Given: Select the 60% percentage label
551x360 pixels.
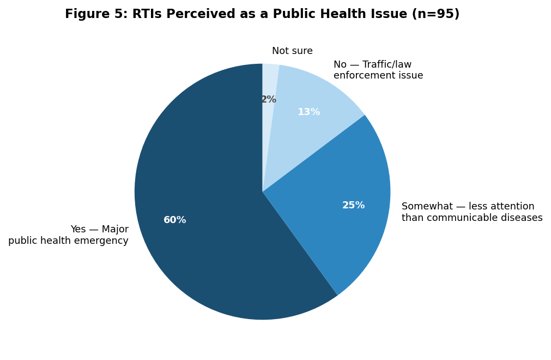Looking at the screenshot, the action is tap(174, 220).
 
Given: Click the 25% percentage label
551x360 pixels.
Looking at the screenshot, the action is tap(354, 205).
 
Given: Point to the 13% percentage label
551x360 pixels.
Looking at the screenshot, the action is tap(309, 112).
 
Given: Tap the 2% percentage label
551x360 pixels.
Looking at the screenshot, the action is tap(269, 99).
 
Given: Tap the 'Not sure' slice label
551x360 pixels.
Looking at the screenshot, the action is tap(292, 51).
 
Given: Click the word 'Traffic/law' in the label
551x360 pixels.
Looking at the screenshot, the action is tap(387, 65).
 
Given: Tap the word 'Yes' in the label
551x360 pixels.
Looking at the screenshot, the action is tap(78, 229).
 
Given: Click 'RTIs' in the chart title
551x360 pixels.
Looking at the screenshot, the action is tap(147, 14).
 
